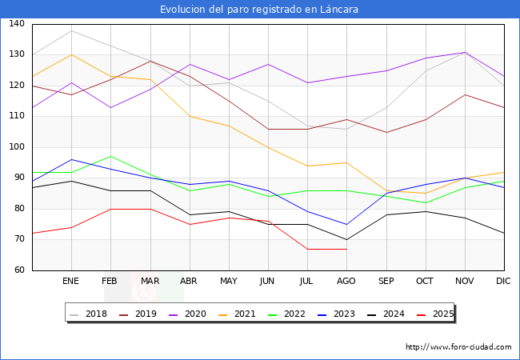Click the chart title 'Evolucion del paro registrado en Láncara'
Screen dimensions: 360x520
259,10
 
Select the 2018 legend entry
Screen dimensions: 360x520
90,314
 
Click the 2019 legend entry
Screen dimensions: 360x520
139,314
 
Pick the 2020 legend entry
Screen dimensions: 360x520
188,314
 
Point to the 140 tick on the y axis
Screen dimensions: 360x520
16,24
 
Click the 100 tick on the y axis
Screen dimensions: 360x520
16,147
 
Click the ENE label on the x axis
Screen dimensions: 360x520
71,282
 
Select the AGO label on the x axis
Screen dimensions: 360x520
346,282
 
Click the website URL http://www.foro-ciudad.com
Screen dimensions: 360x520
458,347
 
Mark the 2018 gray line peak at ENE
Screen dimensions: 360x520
71,30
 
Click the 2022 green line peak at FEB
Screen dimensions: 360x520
110,156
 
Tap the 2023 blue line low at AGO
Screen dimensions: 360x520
346,224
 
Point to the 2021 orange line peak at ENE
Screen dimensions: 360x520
71,54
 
